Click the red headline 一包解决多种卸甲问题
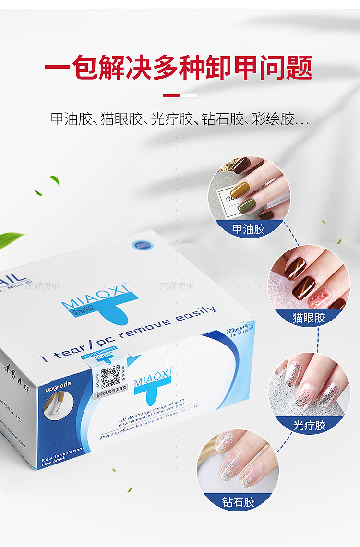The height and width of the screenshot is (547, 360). click(x=179, y=68)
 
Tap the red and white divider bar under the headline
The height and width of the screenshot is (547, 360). click(x=180, y=95)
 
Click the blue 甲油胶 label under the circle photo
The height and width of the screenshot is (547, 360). click(x=249, y=229)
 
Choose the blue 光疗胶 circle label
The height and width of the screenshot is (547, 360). click(x=309, y=425)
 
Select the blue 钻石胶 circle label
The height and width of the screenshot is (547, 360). click(x=238, y=502)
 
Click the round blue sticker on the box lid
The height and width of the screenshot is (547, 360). click(x=144, y=244)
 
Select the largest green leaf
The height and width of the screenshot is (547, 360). click(x=11, y=238)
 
